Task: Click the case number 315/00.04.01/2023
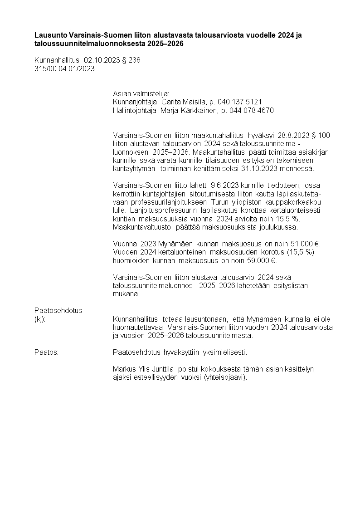[64, 69]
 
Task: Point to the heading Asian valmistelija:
[141, 93]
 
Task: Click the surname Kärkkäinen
[196, 111]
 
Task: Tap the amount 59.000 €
[261, 260]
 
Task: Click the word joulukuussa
[278, 227]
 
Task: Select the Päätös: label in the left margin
[46, 352]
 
